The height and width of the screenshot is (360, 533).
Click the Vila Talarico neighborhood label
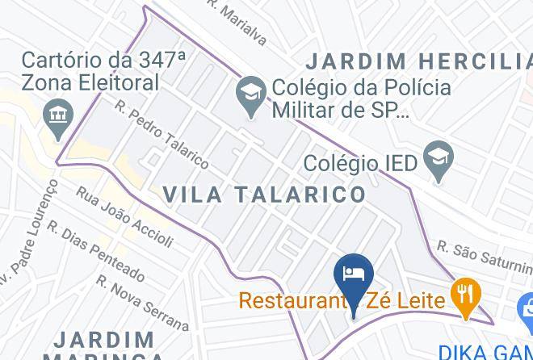[x=265, y=194]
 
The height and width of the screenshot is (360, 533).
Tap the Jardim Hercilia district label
[x=419, y=61]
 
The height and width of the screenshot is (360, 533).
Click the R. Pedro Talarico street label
[x=162, y=134]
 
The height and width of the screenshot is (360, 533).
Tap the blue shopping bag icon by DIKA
[x=526, y=308]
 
